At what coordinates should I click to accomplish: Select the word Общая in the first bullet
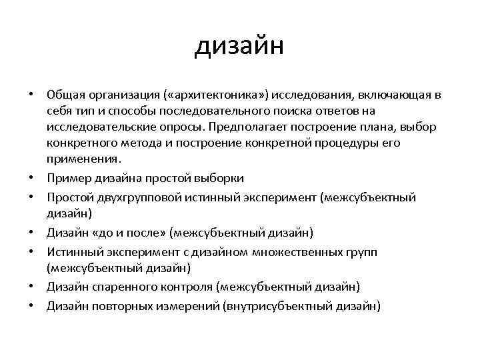66,95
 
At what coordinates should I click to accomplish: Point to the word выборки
220,177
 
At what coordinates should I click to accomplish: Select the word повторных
117,305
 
